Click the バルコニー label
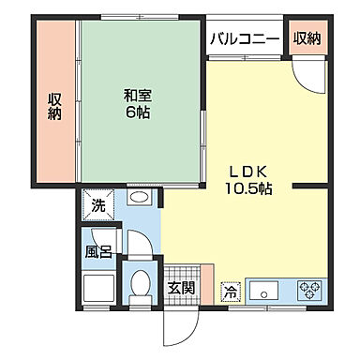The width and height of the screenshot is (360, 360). point(245,38)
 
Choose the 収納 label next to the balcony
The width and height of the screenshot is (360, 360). point(307,38)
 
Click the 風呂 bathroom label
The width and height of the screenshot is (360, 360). point(98,251)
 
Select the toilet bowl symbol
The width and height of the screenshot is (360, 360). point(141,282)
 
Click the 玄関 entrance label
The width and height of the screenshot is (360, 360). point(182,289)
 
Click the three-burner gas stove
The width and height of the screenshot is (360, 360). point(310,290)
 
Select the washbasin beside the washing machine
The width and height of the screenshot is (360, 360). point(139,201)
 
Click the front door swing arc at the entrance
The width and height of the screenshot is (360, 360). point(179,324)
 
